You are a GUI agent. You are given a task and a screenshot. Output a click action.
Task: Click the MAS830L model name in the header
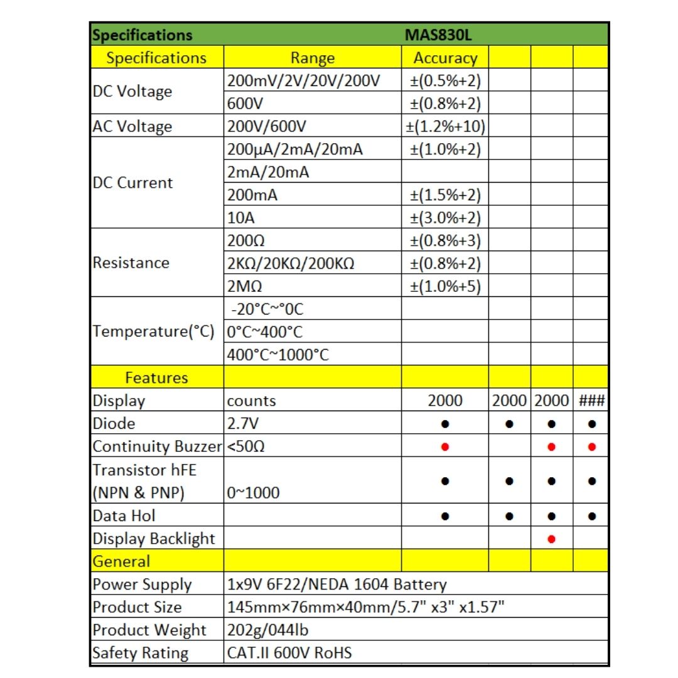click(438, 35)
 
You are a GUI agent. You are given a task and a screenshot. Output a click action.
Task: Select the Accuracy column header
click(445, 58)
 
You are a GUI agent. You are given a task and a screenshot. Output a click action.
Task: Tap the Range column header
click(312, 58)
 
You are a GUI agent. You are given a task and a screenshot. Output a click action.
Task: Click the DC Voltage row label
click(132, 91)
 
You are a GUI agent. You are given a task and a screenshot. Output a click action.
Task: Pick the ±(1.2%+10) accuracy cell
click(445, 126)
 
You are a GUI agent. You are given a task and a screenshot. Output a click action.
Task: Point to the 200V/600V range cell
click(267, 126)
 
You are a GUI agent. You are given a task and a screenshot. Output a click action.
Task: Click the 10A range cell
click(239, 218)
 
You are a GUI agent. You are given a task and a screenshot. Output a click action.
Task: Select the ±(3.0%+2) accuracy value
click(445, 218)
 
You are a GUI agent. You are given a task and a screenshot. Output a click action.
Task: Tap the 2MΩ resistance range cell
click(244, 286)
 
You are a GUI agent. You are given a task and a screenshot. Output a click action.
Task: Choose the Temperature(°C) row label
click(153, 331)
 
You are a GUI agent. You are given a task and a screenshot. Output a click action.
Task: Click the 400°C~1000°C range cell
click(277, 355)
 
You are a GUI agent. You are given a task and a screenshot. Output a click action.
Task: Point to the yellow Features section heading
click(156, 377)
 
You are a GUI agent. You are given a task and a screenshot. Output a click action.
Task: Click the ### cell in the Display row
click(591, 401)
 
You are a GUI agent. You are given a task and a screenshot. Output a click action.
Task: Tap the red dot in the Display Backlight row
click(551, 539)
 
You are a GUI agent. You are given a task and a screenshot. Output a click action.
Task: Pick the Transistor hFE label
click(140, 470)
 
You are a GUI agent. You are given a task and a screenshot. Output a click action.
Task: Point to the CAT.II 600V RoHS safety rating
click(289, 653)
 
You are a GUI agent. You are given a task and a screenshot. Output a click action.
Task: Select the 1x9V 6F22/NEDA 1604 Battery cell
click(336, 584)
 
